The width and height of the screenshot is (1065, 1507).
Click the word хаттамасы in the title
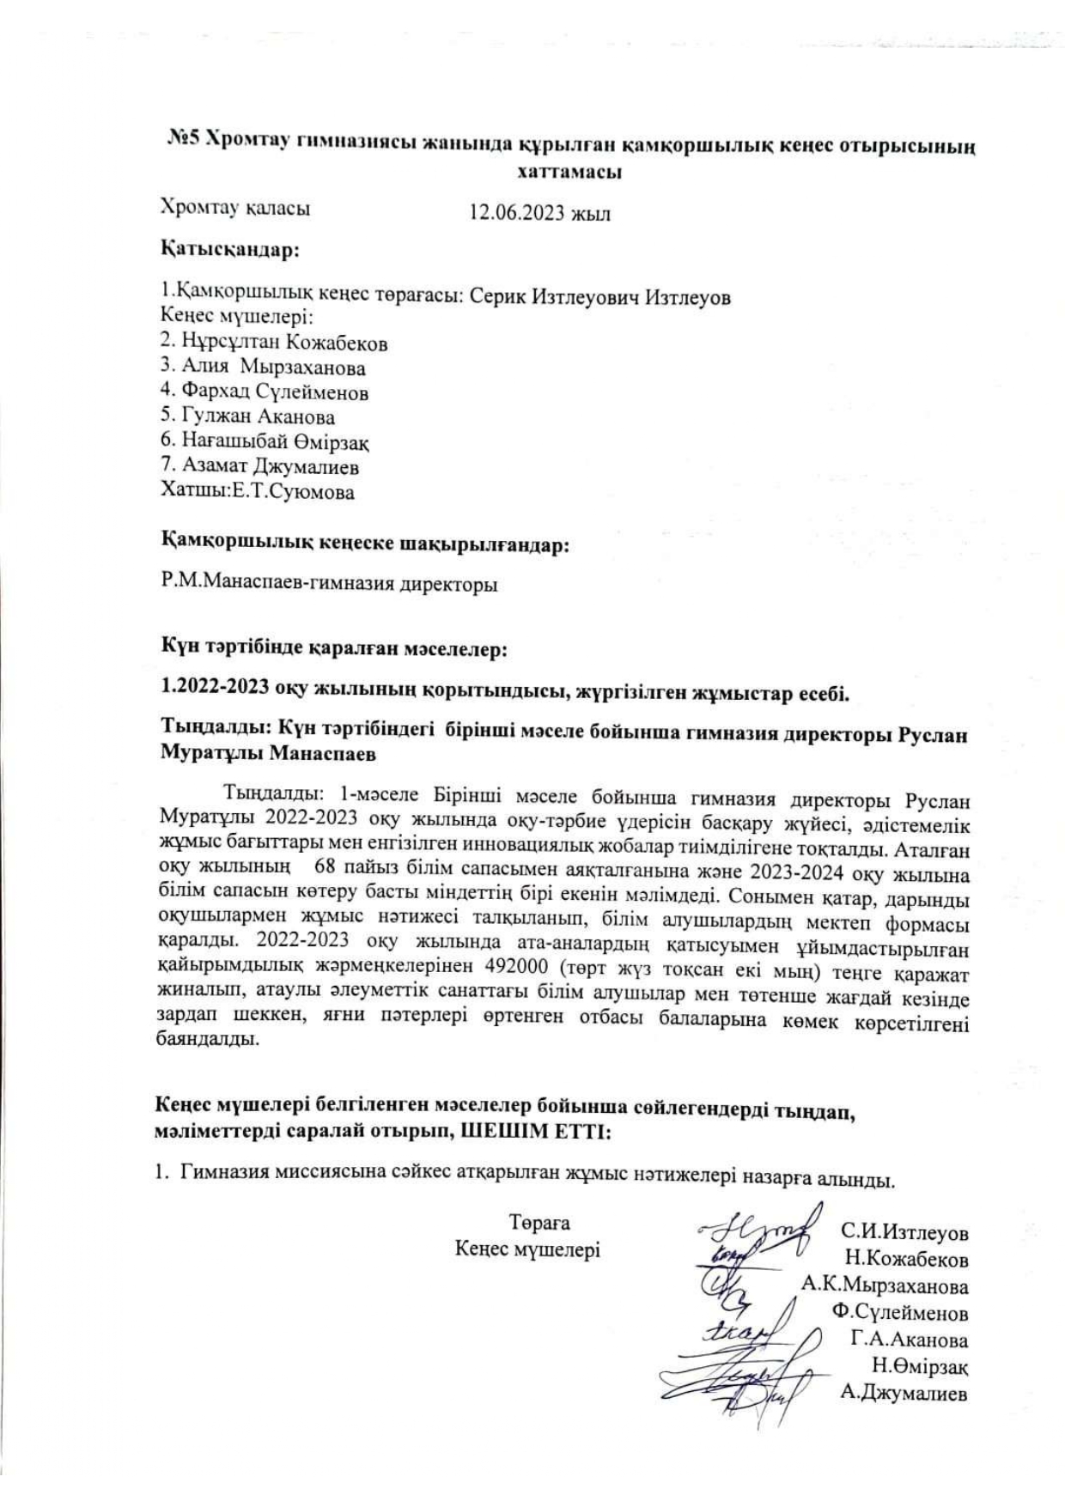pos(569,171)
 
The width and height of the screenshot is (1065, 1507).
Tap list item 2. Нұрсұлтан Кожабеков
pos(274,343)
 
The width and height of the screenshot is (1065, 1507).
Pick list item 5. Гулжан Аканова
pos(247,417)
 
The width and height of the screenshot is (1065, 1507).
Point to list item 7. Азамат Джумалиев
pos(259,467)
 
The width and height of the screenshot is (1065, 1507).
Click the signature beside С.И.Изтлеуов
pos(760,1231)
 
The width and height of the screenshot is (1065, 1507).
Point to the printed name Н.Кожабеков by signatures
pos(906,1260)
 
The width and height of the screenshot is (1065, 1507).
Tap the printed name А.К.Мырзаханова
pos(885,1286)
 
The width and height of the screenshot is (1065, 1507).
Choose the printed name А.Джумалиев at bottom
pos(904,1393)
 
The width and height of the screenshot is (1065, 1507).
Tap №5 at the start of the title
pos(183,143)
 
